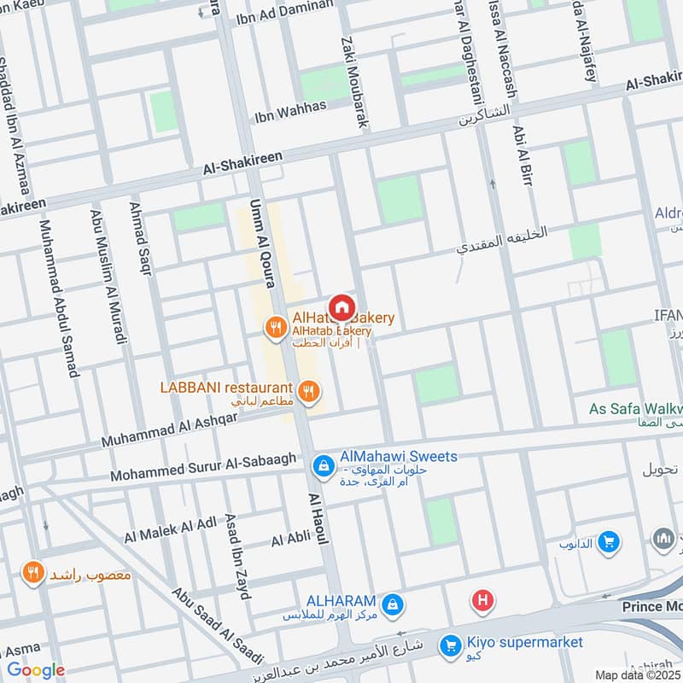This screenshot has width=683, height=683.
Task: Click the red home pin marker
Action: (x=341, y=306)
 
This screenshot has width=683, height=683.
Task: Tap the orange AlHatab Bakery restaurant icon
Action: (x=275, y=326)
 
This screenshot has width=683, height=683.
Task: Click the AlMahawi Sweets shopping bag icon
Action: (x=324, y=464)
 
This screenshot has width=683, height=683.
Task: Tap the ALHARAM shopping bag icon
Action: (x=392, y=604)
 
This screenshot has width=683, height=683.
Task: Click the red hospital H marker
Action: (x=482, y=602)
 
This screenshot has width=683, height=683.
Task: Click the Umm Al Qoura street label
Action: (x=260, y=243)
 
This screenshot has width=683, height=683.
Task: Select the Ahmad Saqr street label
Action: (x=141, y=237)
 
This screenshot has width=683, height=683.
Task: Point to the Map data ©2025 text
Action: (x=637, y=674)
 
